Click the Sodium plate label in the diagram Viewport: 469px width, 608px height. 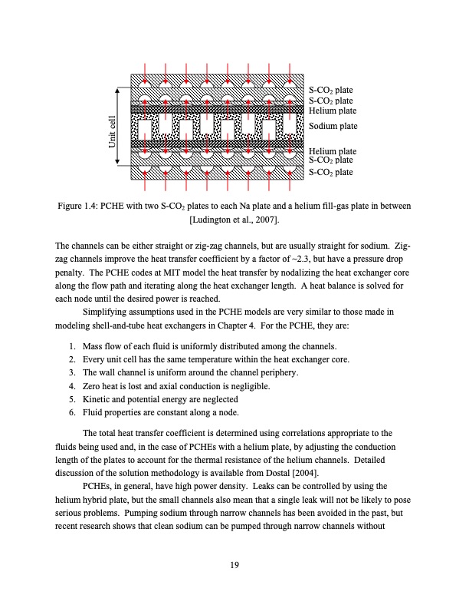click(x=333, y=126)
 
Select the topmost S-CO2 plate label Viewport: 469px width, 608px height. click(x=330, y=91)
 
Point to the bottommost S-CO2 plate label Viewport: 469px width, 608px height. click(x=330, y=173)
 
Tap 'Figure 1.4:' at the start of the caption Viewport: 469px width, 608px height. click(x=79, y=206)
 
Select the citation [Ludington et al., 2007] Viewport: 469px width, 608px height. click(x=234, y=220)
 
